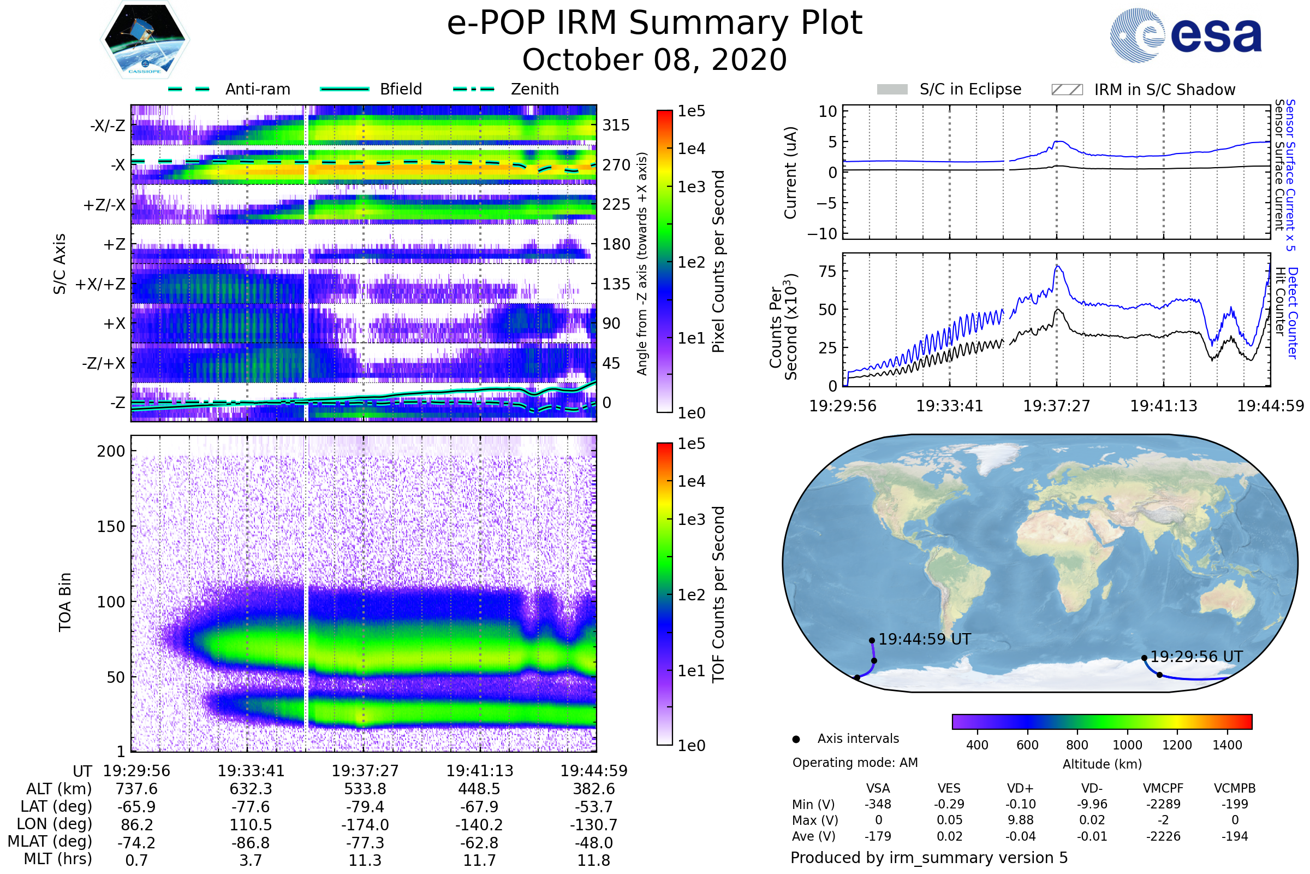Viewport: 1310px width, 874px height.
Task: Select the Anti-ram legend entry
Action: coord(257,89)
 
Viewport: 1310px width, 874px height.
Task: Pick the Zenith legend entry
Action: coord(534,89)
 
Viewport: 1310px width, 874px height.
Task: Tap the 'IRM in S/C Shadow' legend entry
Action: coord(1164,90)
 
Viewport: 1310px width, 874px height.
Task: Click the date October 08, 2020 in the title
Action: coord(654,60)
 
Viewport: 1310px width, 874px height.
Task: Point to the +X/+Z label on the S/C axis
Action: coord(100,284)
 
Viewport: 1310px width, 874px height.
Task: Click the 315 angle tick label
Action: coord(616,125)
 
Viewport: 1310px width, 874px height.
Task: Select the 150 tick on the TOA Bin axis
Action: coord(111,527)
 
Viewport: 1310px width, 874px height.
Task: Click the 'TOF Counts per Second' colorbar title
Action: coord(718,594)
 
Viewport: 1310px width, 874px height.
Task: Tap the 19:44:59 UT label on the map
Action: coord(925,639)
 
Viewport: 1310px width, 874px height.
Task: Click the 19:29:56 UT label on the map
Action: coord(1196,657)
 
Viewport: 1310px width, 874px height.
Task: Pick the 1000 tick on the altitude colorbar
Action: coord(1127,745)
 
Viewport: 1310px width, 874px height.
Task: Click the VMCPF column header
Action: coord(1163,788)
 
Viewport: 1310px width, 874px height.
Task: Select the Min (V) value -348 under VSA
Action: coord(878,804)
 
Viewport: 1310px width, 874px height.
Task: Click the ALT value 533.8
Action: coord(365,789)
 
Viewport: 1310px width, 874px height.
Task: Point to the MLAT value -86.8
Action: coord(251,843)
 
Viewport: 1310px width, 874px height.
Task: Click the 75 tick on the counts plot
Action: coord(827,271)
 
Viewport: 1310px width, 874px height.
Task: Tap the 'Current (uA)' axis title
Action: coord(790,173)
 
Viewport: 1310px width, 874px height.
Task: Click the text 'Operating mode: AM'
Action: coord(855,763)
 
